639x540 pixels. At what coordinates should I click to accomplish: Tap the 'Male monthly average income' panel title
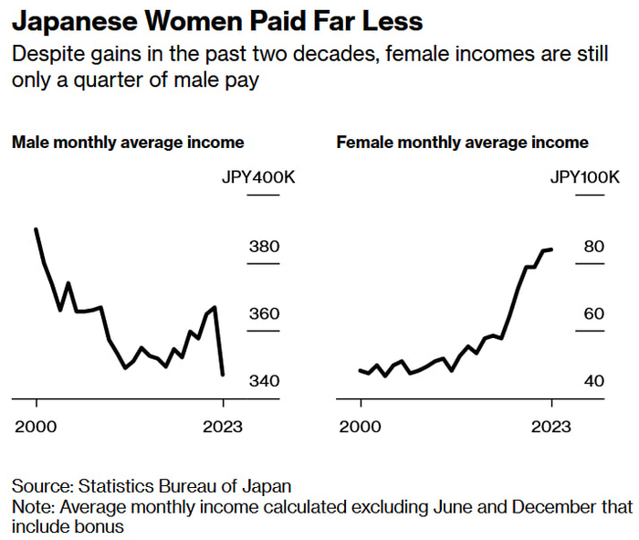[128, 143]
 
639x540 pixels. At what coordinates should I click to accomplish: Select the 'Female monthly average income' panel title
[463, 143]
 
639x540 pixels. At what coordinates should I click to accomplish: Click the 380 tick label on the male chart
[265, 247]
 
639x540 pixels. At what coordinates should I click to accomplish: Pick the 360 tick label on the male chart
[265, 314]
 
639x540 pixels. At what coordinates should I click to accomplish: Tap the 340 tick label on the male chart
[265, 381]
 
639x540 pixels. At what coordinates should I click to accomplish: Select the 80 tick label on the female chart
[594, 247]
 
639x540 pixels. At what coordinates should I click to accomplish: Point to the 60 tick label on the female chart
[594, 314]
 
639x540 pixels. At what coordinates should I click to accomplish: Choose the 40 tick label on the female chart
[594, 381]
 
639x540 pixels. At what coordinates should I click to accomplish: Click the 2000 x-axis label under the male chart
[37, 427]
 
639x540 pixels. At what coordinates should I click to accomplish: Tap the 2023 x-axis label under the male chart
[223, 427]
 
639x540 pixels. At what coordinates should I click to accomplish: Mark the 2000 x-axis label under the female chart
[361, 427]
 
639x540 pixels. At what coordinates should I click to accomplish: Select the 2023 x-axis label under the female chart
[551, 427]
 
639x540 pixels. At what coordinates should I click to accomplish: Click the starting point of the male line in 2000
[37, 229]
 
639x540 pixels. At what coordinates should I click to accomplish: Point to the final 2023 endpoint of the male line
[223, 374]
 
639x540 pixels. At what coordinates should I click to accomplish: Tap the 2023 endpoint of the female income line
[551, 249]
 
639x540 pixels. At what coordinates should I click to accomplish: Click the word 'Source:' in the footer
[42, 486]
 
